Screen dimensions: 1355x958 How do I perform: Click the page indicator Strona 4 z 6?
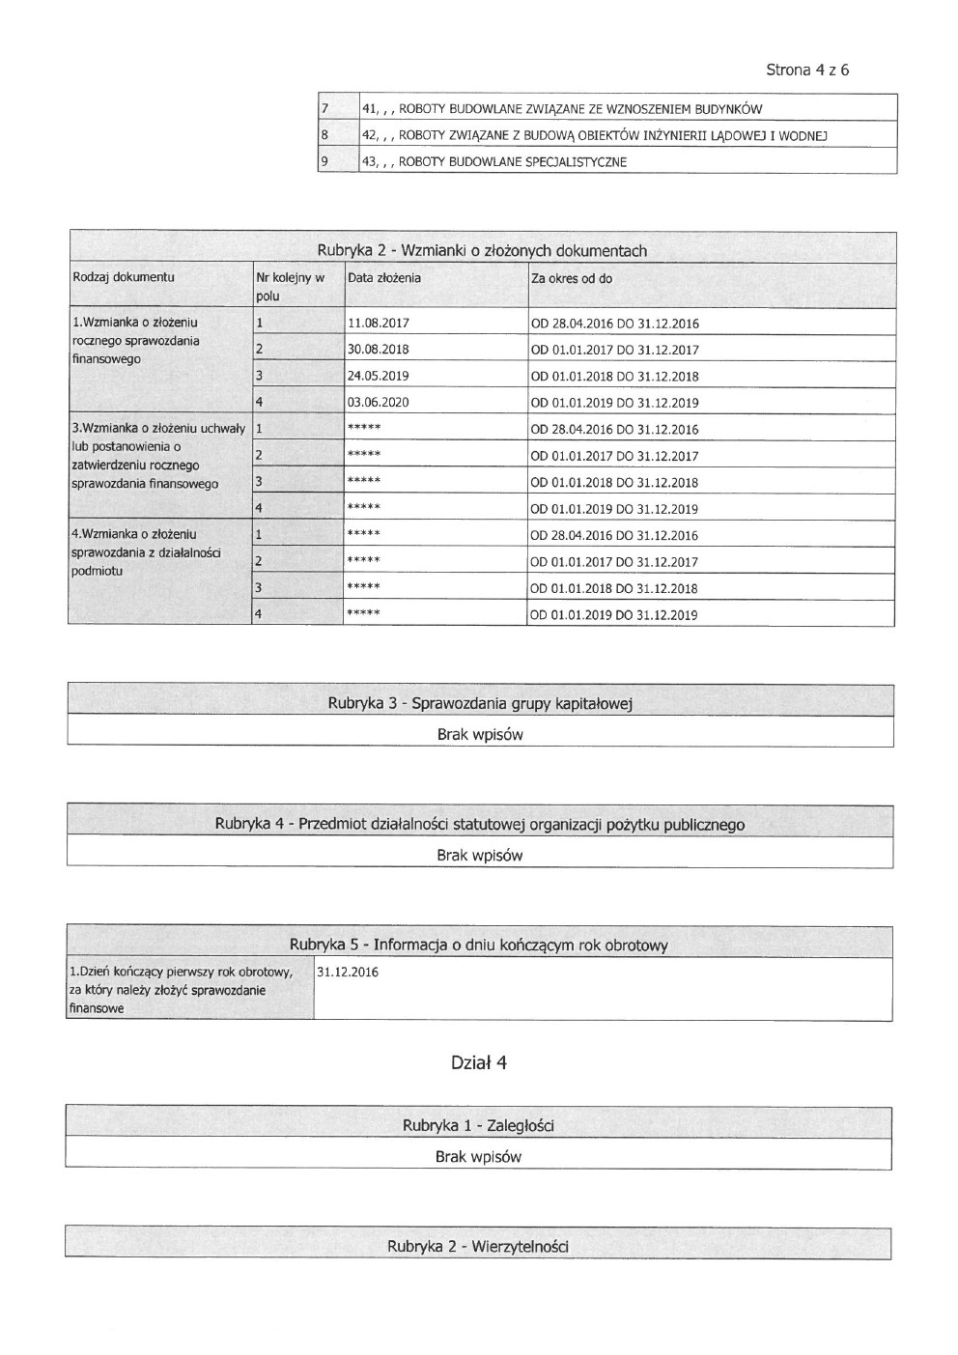tap(806, 70)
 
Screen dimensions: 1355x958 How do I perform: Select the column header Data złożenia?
tap(384, 278)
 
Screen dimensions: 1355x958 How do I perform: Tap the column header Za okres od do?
tap(572, 279)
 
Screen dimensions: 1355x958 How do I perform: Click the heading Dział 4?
tap(479, 1062)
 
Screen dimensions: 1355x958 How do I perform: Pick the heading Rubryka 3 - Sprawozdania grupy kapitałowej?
tap(479, 703)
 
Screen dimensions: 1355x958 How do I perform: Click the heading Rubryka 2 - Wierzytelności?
tap(478, 1246)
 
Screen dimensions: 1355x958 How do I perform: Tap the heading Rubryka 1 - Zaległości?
tap(478, 1125)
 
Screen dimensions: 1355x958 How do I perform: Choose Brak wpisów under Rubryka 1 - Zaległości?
tap(478, 1156)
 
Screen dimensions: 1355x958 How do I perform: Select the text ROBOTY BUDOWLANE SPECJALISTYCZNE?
tap(512, 162)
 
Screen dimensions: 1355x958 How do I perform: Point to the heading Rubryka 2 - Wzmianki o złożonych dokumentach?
tap(482, 250)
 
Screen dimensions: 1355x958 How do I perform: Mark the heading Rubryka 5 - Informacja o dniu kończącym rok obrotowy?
tap(478, 945)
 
